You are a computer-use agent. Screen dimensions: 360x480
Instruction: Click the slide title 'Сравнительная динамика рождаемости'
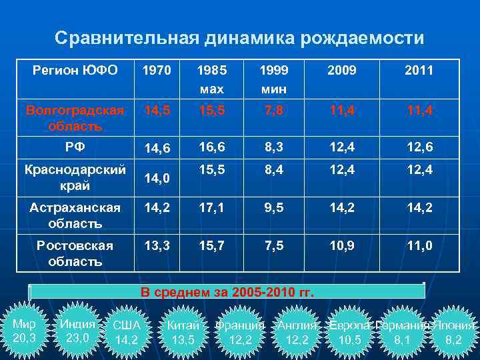(239, 39)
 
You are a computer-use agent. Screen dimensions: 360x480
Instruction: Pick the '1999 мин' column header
(273, 79)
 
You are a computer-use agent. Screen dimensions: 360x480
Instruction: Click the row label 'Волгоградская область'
(75, 117)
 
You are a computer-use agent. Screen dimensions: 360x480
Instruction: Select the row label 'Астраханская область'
(75, 215)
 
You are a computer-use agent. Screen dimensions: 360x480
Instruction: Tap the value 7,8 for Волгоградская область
(273, 109)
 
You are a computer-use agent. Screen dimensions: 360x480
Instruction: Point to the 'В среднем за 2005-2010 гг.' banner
(227, 292)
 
